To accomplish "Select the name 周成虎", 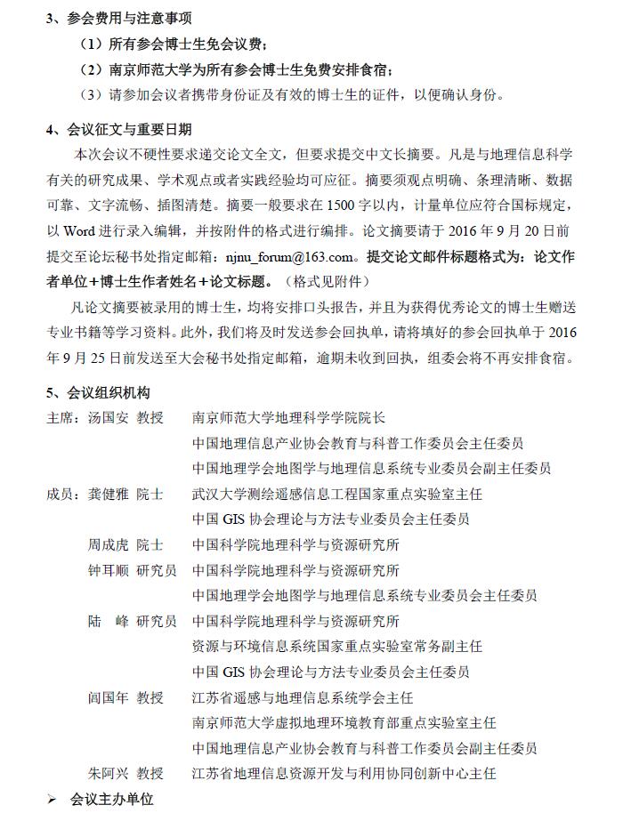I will [x=108, y=544].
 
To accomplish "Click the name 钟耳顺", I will [x=108, y=570].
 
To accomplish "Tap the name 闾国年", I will [x=108, y=697].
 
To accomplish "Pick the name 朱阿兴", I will [x=108, y=773].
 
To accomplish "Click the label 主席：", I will [x=64, y=417].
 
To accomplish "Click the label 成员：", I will [x=64, y=494].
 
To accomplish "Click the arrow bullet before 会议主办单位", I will [x=52, y=800].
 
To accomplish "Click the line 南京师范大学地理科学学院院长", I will [x=289, y=417].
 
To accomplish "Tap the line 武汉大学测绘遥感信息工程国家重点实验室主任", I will [x=337, y=494].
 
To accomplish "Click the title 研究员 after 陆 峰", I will [x=157, y=621].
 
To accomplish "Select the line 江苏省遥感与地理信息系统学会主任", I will [x=303, y=697].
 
